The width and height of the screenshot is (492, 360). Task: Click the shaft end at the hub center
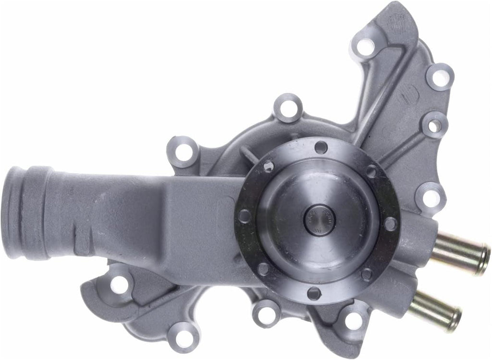[319, 220]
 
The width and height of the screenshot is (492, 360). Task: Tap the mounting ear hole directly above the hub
[288, 108]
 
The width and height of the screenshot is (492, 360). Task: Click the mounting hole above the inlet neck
[183, 152]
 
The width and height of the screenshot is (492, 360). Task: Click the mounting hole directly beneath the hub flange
[266, 314]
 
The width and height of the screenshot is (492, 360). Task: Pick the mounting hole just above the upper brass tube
[430, 197]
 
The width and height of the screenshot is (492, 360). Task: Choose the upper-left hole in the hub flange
[269, 167]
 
